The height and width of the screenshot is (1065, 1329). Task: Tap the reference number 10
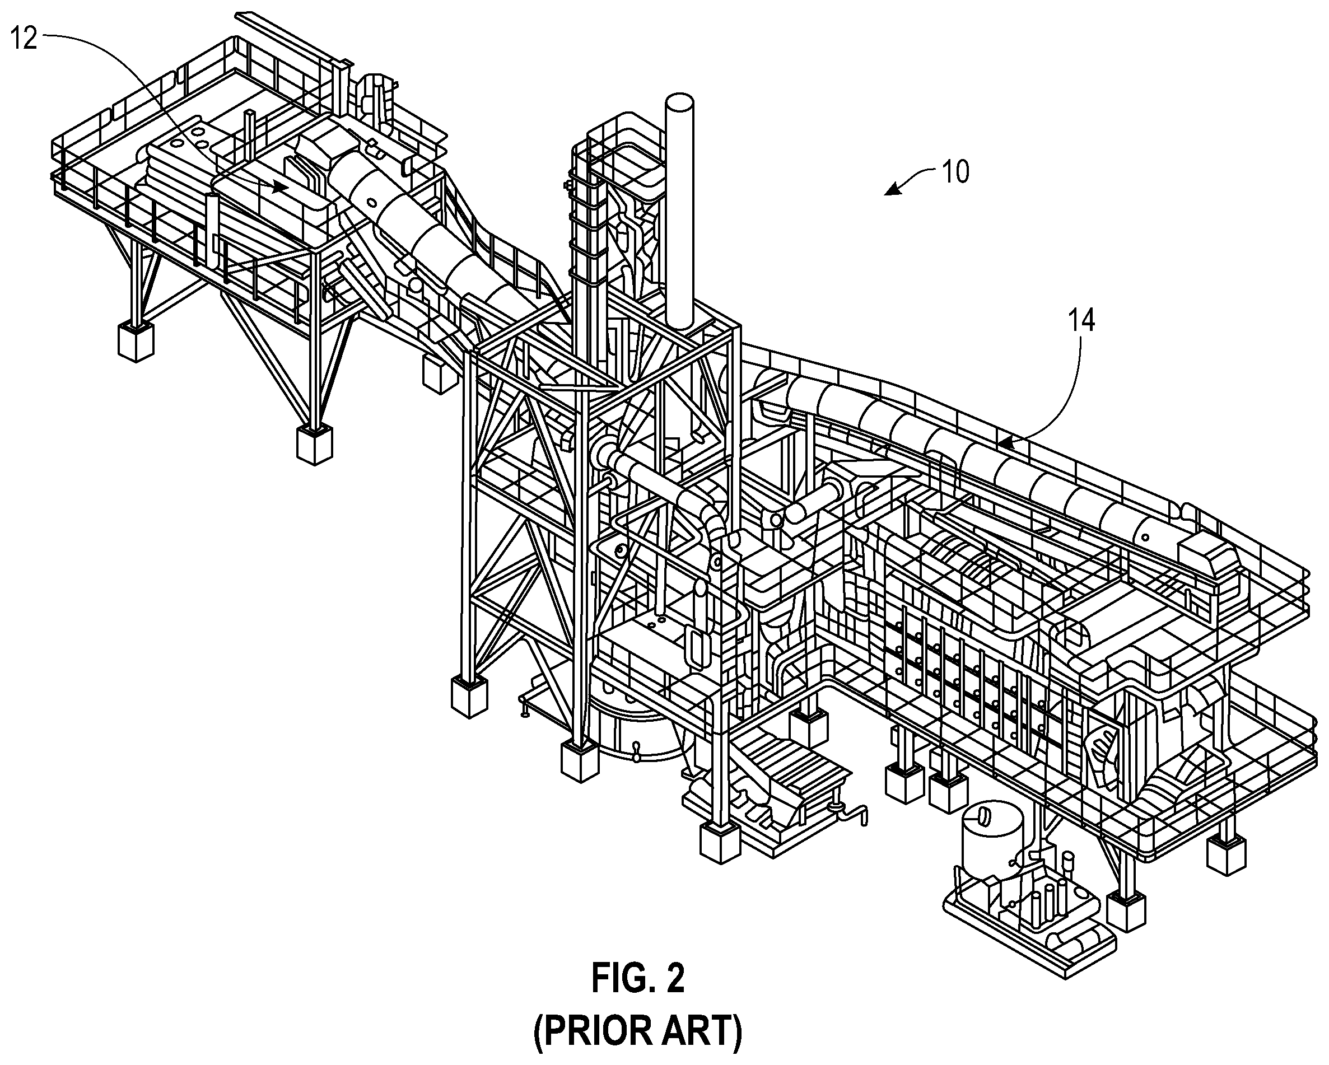pos(955,172)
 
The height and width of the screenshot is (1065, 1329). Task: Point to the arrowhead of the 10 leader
pos(892,190)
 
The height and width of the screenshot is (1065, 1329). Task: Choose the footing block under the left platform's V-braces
pos(314,443)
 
